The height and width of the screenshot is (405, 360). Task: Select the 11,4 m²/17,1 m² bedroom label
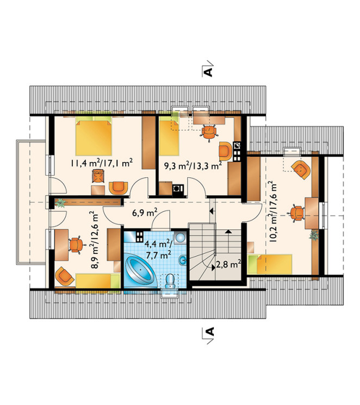coord(102,163)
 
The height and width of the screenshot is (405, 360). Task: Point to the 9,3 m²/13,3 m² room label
coord(194,165)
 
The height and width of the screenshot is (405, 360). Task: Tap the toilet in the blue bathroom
coord(170,282)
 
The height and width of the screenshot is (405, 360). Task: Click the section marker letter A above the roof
coord(208,72)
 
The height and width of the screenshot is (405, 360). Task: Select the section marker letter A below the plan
coord(210,332)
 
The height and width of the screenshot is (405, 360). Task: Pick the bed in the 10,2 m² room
coord(270,264)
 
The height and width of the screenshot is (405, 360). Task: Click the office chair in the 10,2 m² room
coord(296,214)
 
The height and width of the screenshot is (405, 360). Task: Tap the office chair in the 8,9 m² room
coord(75,245)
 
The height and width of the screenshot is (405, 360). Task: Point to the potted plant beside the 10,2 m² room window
coord(314,235)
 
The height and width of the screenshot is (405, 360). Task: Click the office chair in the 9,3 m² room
coord(209,132)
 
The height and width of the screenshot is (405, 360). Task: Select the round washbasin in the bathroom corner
coord(180,238)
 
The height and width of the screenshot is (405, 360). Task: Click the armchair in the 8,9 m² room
coord(64,275)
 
